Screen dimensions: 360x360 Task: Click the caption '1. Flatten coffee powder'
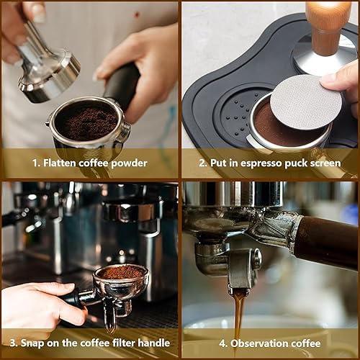(89, 163)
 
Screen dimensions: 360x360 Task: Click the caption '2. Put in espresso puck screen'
(270, 163)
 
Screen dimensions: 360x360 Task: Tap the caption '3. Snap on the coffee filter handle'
(89, 343)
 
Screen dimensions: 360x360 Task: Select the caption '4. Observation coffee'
(270, 343)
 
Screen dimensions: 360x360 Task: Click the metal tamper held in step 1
(46, 68)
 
